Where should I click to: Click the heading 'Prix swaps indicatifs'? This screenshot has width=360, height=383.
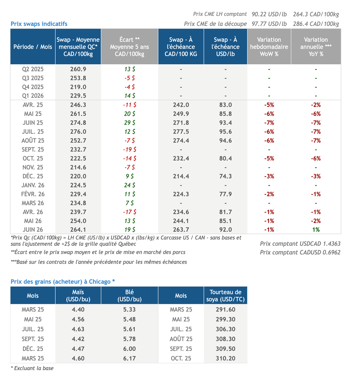pos(39,24)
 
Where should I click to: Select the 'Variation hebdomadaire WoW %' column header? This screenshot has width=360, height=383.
pos(269,47)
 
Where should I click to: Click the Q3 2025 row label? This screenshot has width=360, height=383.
pos(33,78)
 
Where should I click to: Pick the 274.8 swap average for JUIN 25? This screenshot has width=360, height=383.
pos(78,123)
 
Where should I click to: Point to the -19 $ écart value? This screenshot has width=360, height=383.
pos(130,149)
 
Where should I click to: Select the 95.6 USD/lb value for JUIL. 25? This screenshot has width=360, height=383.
pos(225,132)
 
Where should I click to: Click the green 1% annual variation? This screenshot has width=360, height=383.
pos(316,230)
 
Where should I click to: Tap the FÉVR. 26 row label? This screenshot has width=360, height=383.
pos(33,194)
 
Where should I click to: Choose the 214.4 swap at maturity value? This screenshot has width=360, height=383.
pos(181,176)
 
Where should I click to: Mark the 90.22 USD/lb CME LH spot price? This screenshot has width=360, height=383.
pos(269,14)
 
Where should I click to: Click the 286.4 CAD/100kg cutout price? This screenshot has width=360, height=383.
pos(316,24)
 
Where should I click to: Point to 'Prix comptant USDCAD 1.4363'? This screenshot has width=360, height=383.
pos(300,244)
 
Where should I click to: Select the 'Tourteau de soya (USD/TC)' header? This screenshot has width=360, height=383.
pos(225,295)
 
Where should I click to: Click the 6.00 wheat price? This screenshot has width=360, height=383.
pos(129,349)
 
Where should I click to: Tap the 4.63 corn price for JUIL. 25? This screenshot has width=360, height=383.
pos(78,329)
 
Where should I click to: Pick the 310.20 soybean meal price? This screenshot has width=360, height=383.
pos(225,359)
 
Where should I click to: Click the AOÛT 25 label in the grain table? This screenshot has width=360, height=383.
pos(181,339)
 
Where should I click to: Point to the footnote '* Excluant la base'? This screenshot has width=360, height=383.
pos(32,368)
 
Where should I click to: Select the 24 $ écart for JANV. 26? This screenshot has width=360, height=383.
pos(130,185)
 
